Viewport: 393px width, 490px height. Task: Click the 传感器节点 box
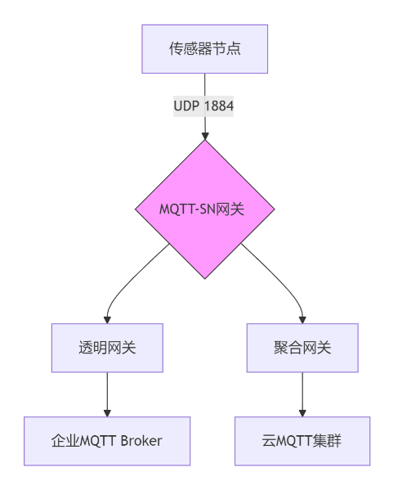205,49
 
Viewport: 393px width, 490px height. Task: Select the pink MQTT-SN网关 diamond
205,209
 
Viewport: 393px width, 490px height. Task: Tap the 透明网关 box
107,348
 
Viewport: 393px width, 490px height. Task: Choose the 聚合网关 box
302,348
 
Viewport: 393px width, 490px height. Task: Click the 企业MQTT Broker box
107,441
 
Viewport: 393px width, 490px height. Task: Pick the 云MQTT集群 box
302,441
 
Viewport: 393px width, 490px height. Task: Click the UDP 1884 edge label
203,106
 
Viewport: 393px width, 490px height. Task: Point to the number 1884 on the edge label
219,106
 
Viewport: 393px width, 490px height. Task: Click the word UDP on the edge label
186,106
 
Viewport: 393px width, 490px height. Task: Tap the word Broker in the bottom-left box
141,441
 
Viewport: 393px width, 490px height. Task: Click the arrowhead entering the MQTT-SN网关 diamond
205,137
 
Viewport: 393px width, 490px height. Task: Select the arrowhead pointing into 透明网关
107,320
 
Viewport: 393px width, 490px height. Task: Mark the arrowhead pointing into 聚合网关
302,320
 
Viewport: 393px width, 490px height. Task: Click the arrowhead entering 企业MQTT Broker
107,413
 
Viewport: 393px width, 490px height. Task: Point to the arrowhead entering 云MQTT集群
302,413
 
